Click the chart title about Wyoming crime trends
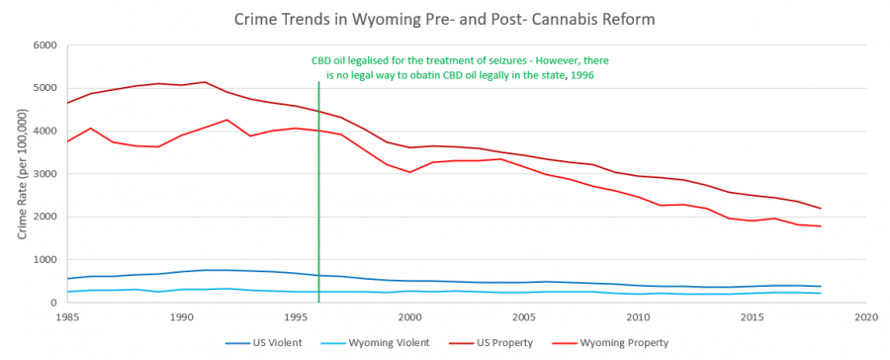[446, 19]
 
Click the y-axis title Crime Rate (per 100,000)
[22, 174]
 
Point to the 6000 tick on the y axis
[44, 45]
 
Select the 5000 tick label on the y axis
[44, 88]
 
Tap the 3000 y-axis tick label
[44, 174]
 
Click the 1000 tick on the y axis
[44, 260]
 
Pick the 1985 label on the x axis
[67, 317]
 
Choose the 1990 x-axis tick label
[181, 317]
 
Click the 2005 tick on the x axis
[524, 317]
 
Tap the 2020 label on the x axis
[866, 317]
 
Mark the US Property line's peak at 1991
[205, 82]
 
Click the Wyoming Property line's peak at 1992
[227, 120]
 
